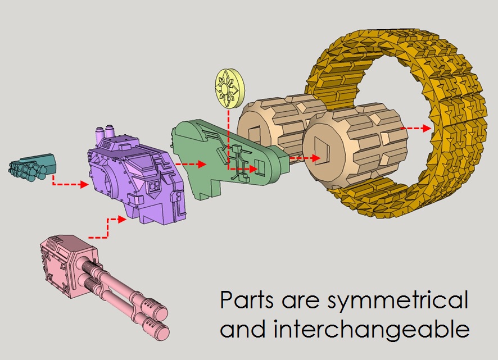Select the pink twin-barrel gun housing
click(62, 264)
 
